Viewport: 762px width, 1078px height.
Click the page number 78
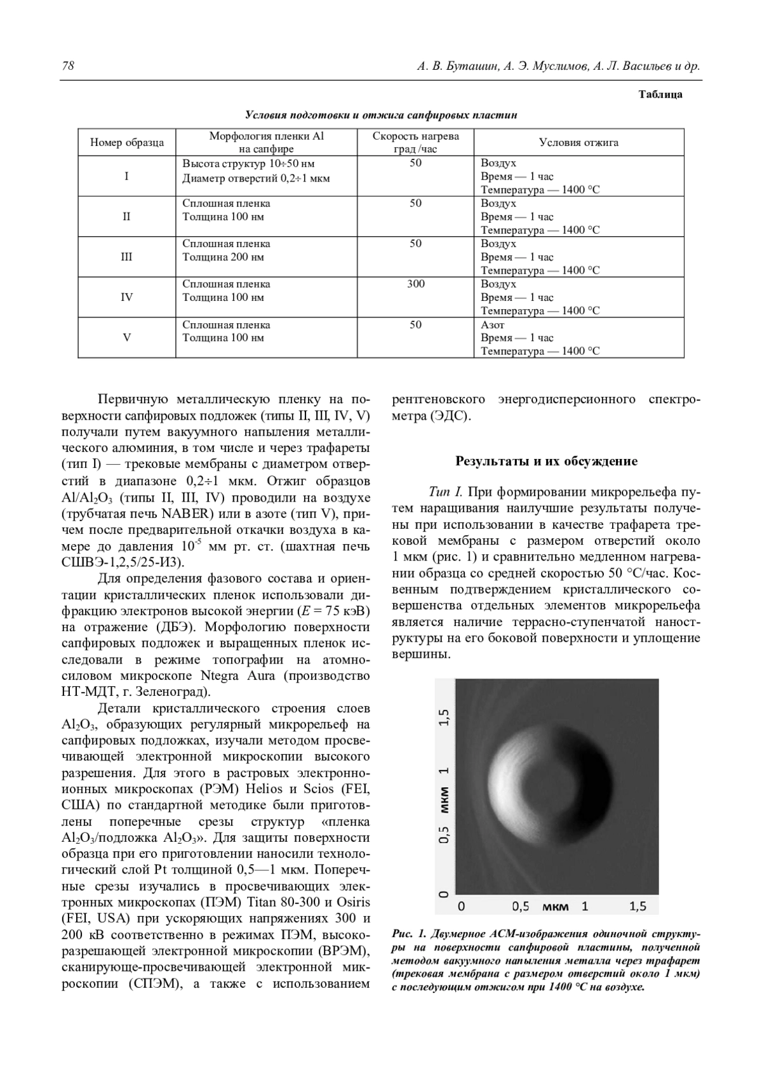68,67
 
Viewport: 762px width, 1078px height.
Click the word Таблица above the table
660,95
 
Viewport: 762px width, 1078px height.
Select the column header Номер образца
127,142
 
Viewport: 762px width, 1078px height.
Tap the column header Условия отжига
578,142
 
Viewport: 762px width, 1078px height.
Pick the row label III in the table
127,257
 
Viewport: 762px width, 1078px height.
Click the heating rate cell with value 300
415,284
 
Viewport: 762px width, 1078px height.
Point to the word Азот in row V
493,325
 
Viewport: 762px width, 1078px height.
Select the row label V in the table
127,338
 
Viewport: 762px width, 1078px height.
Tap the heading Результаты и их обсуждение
546,462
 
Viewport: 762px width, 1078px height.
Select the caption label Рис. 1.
409,934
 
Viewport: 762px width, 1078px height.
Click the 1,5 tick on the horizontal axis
638,906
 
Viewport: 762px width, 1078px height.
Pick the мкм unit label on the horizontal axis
556,907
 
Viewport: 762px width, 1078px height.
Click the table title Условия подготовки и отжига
381,115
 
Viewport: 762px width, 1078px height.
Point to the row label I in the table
127,176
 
